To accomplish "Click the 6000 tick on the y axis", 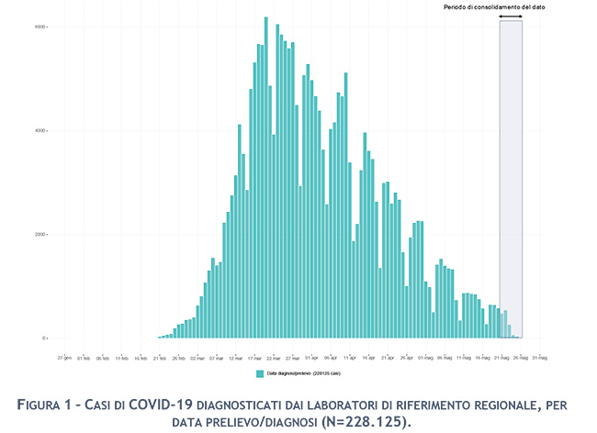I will [x=41, y=27].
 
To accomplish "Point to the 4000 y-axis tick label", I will [x=41, y=130].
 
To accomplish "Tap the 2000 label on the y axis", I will [x=41, y=234].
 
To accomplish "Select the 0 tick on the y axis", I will [x=43, y=338].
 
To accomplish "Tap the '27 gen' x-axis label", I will [x=63, y=357].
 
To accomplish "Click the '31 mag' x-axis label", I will [x=543, y=357].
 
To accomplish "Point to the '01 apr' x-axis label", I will [x=310, y=357].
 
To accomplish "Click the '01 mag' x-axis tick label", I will [x=426, y=357].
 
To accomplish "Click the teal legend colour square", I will [x=260, y=373].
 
